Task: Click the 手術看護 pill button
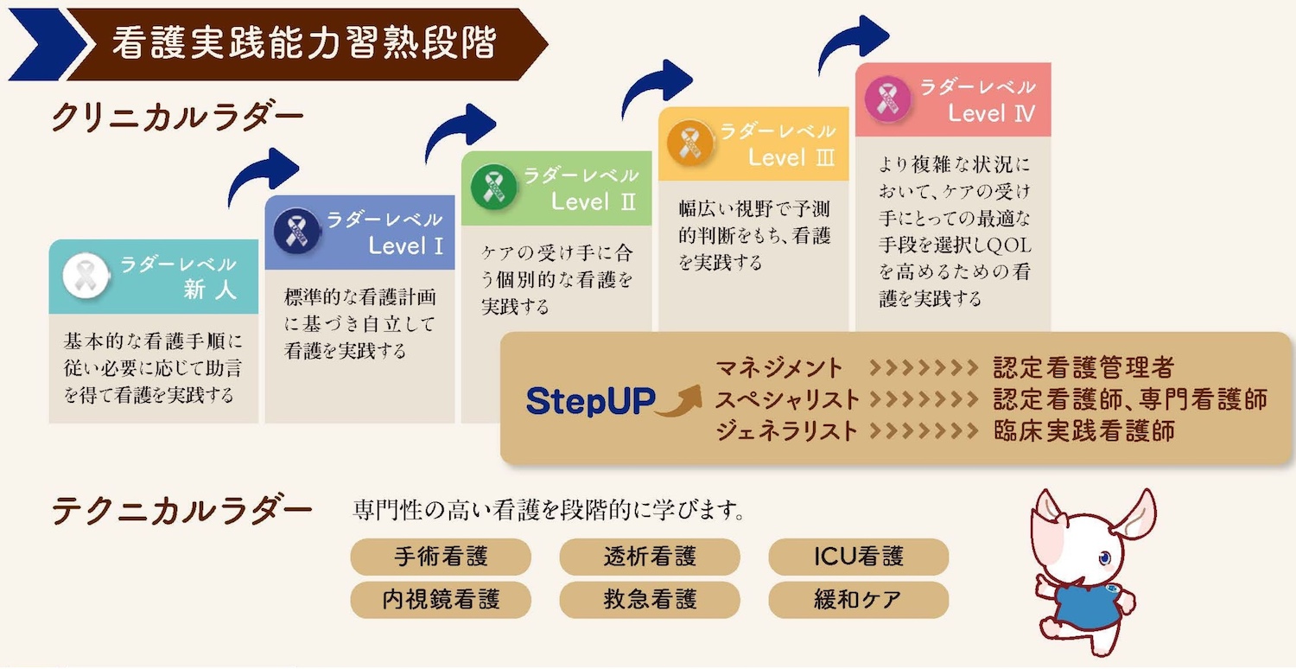point(440,557)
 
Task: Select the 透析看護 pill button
point(650,557)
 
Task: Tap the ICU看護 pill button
point(858,557)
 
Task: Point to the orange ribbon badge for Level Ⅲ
point(689,141)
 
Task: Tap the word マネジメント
point(778,368)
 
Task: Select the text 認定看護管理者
point(1083,368)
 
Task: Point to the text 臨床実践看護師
point(1083,430)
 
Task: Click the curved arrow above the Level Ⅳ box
point(852,43)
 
